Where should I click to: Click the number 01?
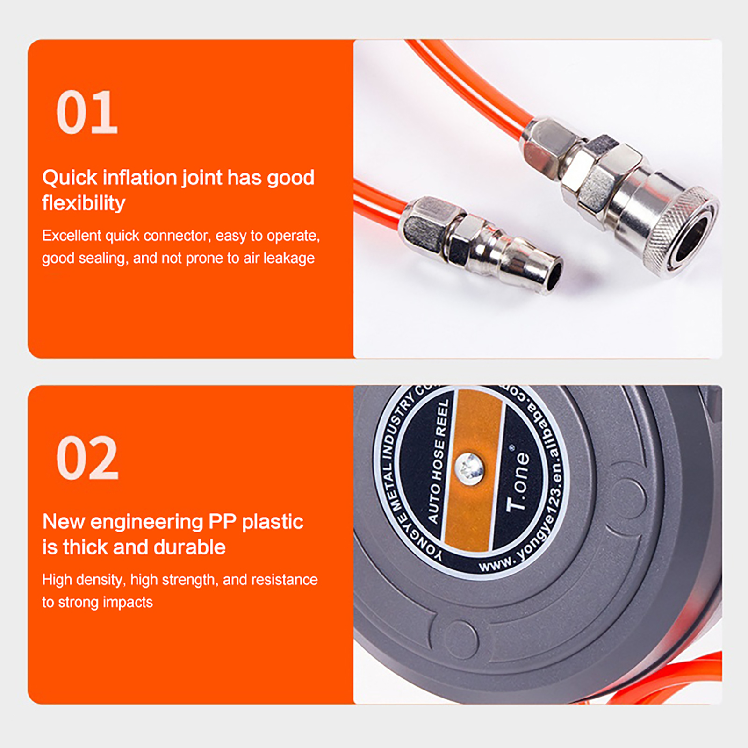tap(87, 112)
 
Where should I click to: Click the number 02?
tap(87, 458)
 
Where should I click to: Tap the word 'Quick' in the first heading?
tap(70, 178)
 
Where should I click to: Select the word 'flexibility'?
tap(84, 203)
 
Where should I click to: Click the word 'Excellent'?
tap(72, 235)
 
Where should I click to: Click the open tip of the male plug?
tap(553, 276)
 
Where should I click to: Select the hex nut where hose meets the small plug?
tap(423, 225)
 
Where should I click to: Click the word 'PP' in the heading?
tap(223, 522)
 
